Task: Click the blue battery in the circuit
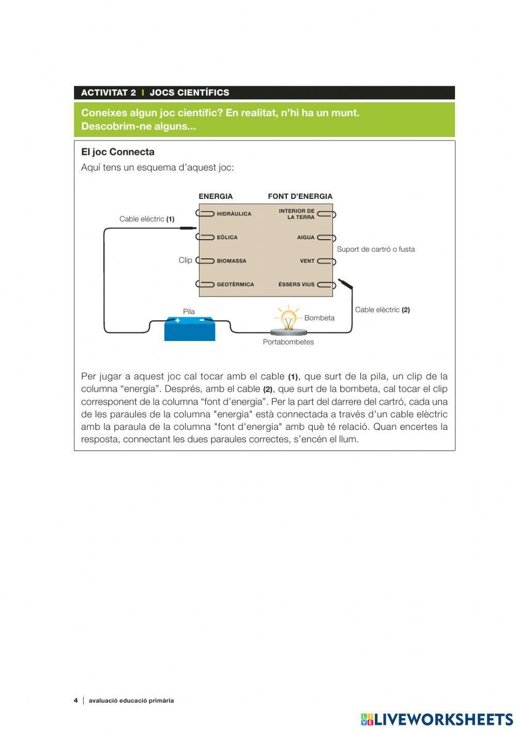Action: tap(189, 329)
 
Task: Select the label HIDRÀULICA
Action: tap(234, 214)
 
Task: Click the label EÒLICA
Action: tap(227, 238)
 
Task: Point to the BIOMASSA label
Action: tap(231, 261)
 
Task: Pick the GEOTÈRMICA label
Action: tap(235, 285)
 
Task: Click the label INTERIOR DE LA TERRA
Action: tap(297, 214)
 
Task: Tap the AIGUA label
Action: tap(306, 238)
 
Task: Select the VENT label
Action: tap(307, 261)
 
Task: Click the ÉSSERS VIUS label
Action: tap(296, 285)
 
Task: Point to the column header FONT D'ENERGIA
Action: tap(300, 196)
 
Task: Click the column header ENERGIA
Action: tap(216, 196)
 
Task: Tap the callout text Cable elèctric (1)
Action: tap(147, 219)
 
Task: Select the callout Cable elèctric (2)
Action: tap(382, 310)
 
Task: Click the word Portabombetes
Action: tap(288, 342)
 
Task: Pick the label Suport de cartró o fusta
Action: tap(375, 249)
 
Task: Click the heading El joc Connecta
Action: tap(118, 152)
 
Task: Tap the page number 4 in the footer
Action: tap(76, 701)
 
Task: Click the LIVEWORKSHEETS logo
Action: tap(437, 719)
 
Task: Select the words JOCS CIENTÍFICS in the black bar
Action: tap(189, 93)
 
